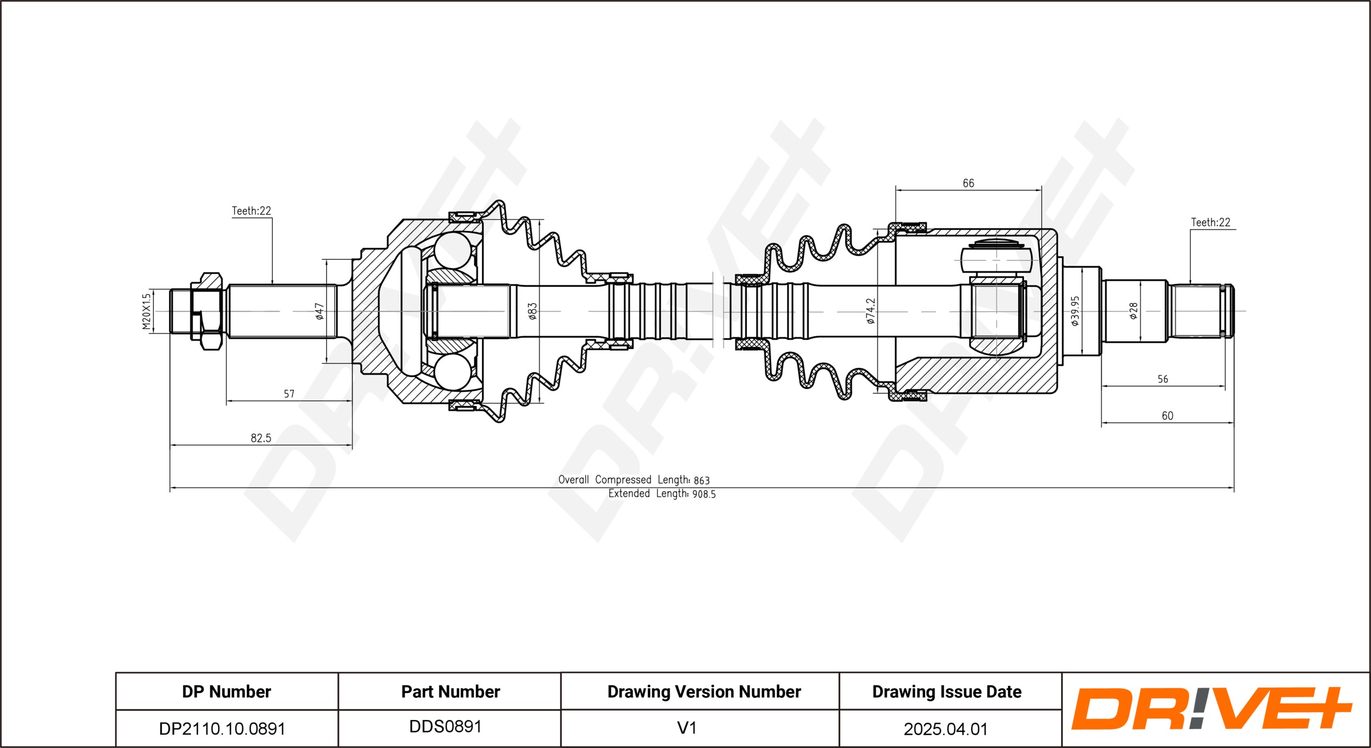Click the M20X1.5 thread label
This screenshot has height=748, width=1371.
(146, 311)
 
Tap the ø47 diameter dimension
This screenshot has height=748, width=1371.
(319, 311)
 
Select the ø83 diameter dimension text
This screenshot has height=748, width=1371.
(532, 311)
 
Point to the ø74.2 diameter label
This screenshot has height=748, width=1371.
(870, 311)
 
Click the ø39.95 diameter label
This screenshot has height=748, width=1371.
(1075, 311)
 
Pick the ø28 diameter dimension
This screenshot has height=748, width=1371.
(1134, 311)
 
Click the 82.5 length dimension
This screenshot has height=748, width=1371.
(261, 438)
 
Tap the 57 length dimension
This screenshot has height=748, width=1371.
(289, 394)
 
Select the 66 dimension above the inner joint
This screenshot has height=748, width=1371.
(968, 183)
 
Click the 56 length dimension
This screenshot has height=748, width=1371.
(1163, 379)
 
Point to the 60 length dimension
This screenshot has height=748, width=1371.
(1168, 416)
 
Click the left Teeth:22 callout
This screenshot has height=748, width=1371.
(251, 211)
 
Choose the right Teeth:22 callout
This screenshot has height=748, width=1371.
(1210, 222)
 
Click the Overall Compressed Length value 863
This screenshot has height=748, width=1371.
(701, 480)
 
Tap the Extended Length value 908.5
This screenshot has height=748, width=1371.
(704, 494)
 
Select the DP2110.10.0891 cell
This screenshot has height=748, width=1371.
(222, 729)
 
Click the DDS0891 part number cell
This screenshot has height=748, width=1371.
(445, 727)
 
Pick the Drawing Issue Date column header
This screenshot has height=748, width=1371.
(947, 691)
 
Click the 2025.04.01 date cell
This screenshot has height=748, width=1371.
(946, 729)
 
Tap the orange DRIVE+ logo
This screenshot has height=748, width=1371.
(1211, 708)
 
